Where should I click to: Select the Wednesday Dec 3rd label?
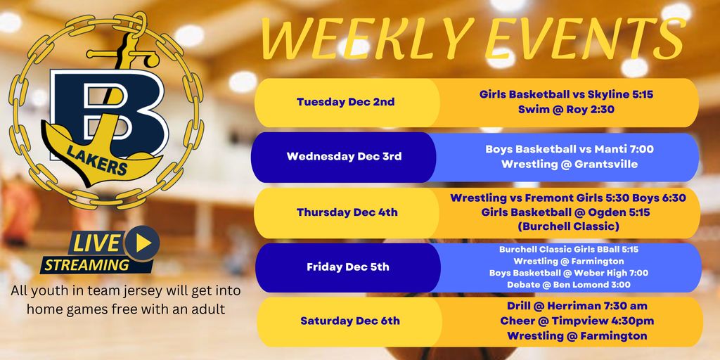coord(344,156)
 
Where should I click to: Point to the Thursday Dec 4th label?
coord(347,212)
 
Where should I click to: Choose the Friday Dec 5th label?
coord(347,266)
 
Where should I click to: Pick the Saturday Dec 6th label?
coord(349,321)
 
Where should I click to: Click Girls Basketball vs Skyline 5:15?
coord(567,94)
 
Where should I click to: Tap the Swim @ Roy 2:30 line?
coord(567,110)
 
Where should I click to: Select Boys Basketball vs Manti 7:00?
coord(569,149)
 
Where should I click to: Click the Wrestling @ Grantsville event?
coord(569,165)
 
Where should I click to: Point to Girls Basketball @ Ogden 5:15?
coord(567,212)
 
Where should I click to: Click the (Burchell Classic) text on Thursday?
coord(567,226)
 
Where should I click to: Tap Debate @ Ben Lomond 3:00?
coord(568,285)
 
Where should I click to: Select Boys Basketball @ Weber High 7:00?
coord(568,273)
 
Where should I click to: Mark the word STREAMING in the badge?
coord(86,265)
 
